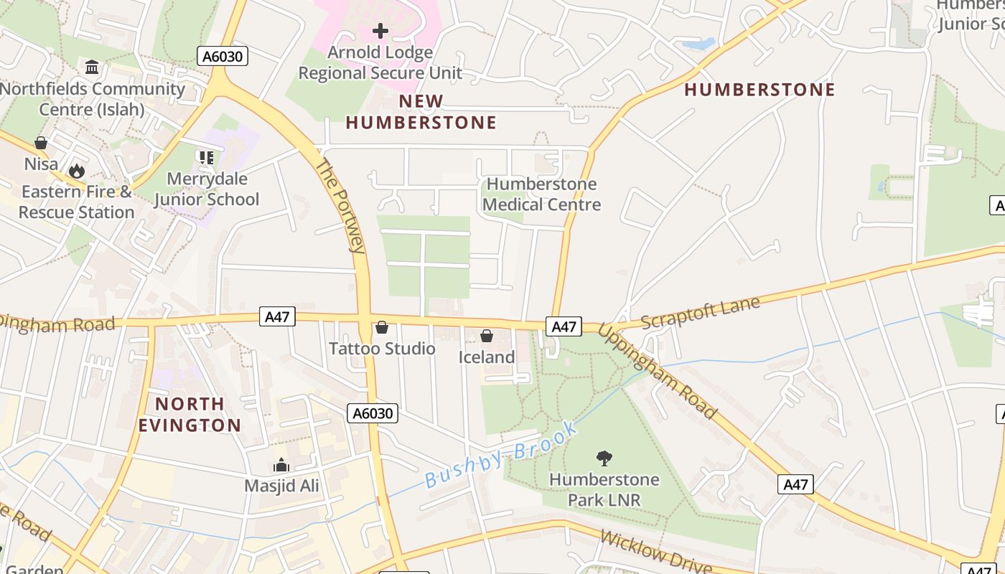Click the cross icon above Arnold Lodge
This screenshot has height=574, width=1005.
coord(380,31)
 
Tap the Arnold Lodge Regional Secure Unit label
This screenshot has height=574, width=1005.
coord(380,62)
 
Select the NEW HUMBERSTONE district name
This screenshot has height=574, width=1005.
coord(421,112)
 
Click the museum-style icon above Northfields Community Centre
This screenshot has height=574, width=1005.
coord(92,67)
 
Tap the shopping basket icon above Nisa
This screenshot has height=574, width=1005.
coord(41,143)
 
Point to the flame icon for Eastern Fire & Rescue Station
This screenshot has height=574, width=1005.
coord(76,171)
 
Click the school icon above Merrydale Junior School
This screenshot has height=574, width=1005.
coord(207,157)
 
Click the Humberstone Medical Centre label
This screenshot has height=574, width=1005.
coord(541,194)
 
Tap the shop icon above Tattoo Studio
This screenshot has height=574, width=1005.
coord(382,327)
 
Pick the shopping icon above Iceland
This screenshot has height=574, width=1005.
coord(487,336)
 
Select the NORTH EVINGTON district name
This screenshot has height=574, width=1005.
coord(190,414)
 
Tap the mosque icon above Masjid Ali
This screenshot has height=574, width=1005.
coord(281,465)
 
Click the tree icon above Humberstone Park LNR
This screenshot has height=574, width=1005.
coord(604,458)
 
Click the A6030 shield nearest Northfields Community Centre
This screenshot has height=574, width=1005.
coord(223,56)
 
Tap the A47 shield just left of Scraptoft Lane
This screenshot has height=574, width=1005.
coord(564,326)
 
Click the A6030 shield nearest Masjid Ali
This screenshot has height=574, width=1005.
coord(372,413)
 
